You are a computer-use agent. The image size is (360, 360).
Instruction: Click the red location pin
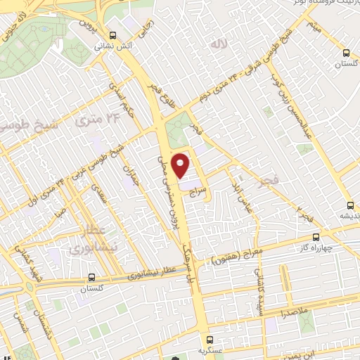(x=181, y=165)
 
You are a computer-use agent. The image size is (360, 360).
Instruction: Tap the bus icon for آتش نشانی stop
(x=113, y=37)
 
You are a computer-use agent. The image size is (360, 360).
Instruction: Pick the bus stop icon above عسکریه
(x=208, y=337)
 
